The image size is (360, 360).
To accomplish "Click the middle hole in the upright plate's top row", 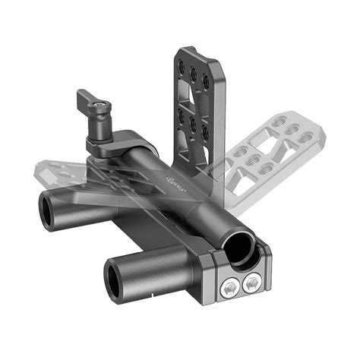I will pos(194,73).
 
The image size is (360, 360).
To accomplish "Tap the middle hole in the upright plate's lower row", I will pos(194,122).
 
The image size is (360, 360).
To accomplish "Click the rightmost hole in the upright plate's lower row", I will pos(205,131).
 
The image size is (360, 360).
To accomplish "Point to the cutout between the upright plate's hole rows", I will pos(193,97).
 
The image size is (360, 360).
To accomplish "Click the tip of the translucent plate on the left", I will pos(39,168).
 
